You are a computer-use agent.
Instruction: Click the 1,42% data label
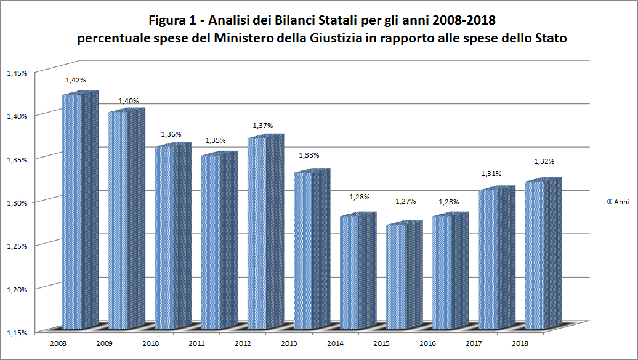coord(76,80)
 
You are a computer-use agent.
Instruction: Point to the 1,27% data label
coord(406,201)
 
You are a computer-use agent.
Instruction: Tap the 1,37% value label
coord(262,126)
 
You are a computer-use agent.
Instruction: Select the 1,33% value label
coord(309,155)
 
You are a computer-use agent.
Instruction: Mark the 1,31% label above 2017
coord(491,174)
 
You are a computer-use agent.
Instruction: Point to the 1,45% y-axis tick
coord(17,73)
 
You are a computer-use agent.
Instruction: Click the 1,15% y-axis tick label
coord(17,332)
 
